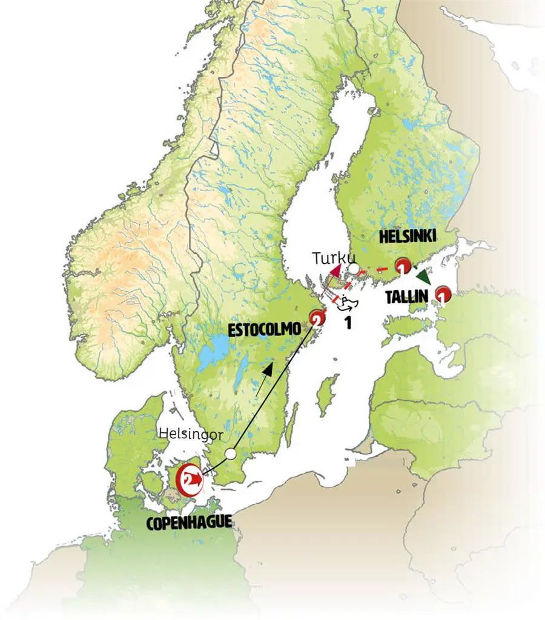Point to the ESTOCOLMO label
pos(264,329)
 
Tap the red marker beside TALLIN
pos(444,295)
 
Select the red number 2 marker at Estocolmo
pos(316,317)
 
